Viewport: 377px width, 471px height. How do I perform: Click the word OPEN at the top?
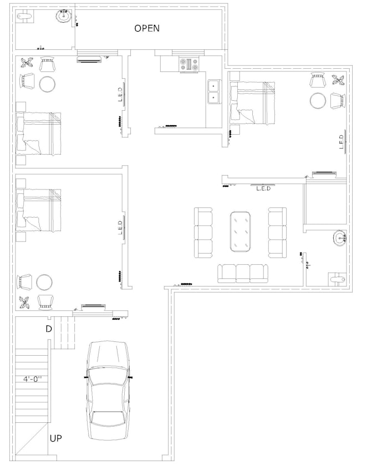pyautogui.click(x=147, y=28)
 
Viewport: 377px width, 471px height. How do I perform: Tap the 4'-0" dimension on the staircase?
pyautogui.click(x=32, y=380)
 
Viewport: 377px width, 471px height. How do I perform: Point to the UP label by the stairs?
pyautogui.click(x=56, y=438)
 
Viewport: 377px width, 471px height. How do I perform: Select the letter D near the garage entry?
pyautogui.click(x=49, y=329)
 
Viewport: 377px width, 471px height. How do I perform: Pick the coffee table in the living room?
pyautogui.click(x=240, y=231)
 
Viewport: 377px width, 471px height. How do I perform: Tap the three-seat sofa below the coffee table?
pyautogui.click(x=242, y=273)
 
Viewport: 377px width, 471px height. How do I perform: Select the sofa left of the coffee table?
pyautogui.click(x=203, y=232)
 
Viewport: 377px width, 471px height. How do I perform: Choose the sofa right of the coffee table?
pyautogui.click(x=277, y=232)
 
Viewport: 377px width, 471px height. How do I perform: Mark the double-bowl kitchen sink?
pyautogui.click(x=213, y=92)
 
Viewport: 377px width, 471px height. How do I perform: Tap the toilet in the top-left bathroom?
pyautogui.click(x=24, y=17)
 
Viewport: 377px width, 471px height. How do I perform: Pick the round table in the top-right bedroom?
pyautogui.click(x=318, y=100)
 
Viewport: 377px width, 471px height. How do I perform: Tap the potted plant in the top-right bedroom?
pyautogui.click(x=337, y=79)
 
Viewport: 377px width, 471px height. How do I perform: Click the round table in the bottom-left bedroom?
pyautogui.click(x=44, y=282)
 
